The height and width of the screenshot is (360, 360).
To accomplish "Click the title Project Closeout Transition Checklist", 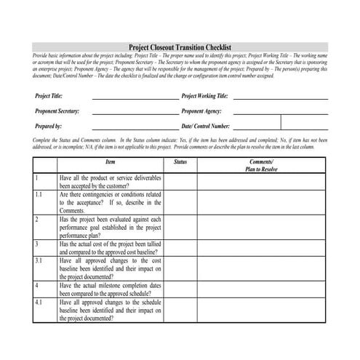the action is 180,47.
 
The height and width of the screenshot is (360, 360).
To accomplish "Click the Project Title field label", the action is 49,96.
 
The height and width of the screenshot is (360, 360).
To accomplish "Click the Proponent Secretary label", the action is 57,111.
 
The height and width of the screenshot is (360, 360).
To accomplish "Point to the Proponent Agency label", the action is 201,111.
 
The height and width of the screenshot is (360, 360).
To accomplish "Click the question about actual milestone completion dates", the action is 111,288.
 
